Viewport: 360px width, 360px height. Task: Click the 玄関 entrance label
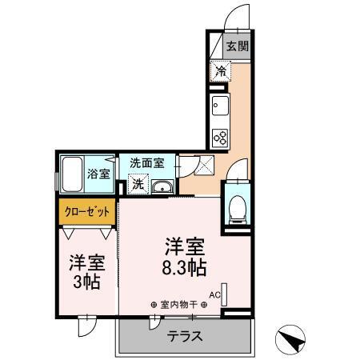pyautogui.click(x=235, y=46)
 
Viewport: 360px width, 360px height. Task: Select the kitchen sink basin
pyautogui.click(x=220, y=105)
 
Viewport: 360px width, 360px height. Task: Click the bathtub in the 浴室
pyautogui.click(x=71, y=171)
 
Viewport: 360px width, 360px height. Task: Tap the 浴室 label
pyautogui.click(x=98, y=173)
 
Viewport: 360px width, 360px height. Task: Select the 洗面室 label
pyautogui.click(x=147, y=161)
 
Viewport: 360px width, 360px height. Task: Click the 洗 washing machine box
pyautogui.click(x=138, y=186)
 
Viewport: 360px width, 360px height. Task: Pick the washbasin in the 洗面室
pyautogui.click(x=163, y=187)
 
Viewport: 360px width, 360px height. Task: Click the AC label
pyautogui.click(x=214, y=294)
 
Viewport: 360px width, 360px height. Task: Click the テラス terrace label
pyautogui.click(x=185, y=336)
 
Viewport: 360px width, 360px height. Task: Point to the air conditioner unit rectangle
pyautogui.click(x=225, y=294)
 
